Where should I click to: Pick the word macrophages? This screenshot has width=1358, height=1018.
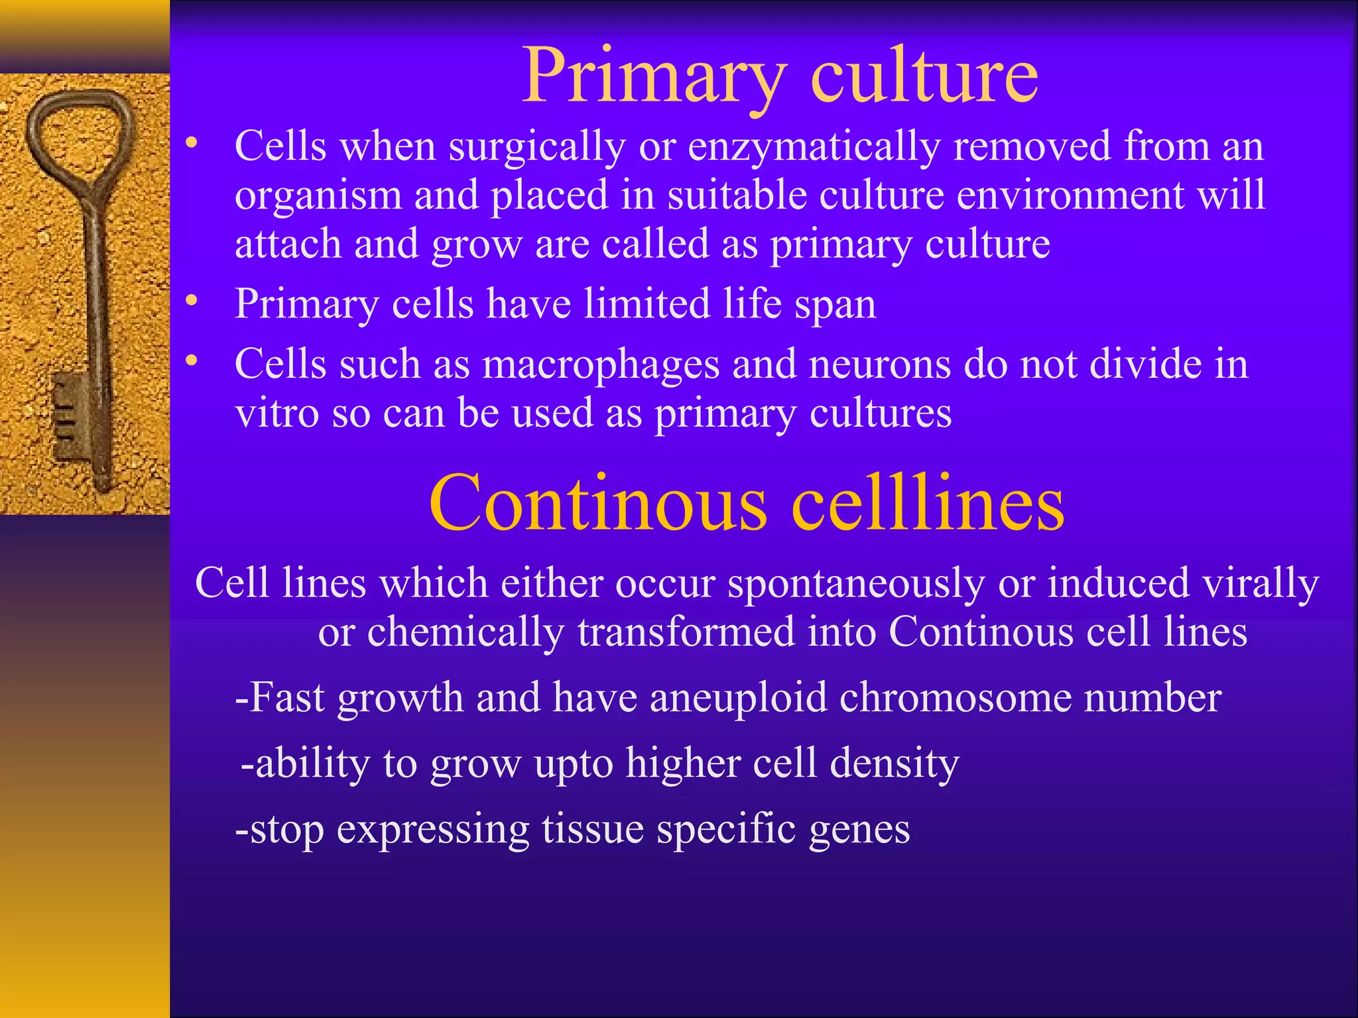pos(601,365)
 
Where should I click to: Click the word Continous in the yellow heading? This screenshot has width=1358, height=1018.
pos(597,504)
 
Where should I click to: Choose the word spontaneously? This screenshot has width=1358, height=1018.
pos(856,584)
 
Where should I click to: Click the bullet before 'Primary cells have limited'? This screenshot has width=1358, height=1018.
pos(192,302)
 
